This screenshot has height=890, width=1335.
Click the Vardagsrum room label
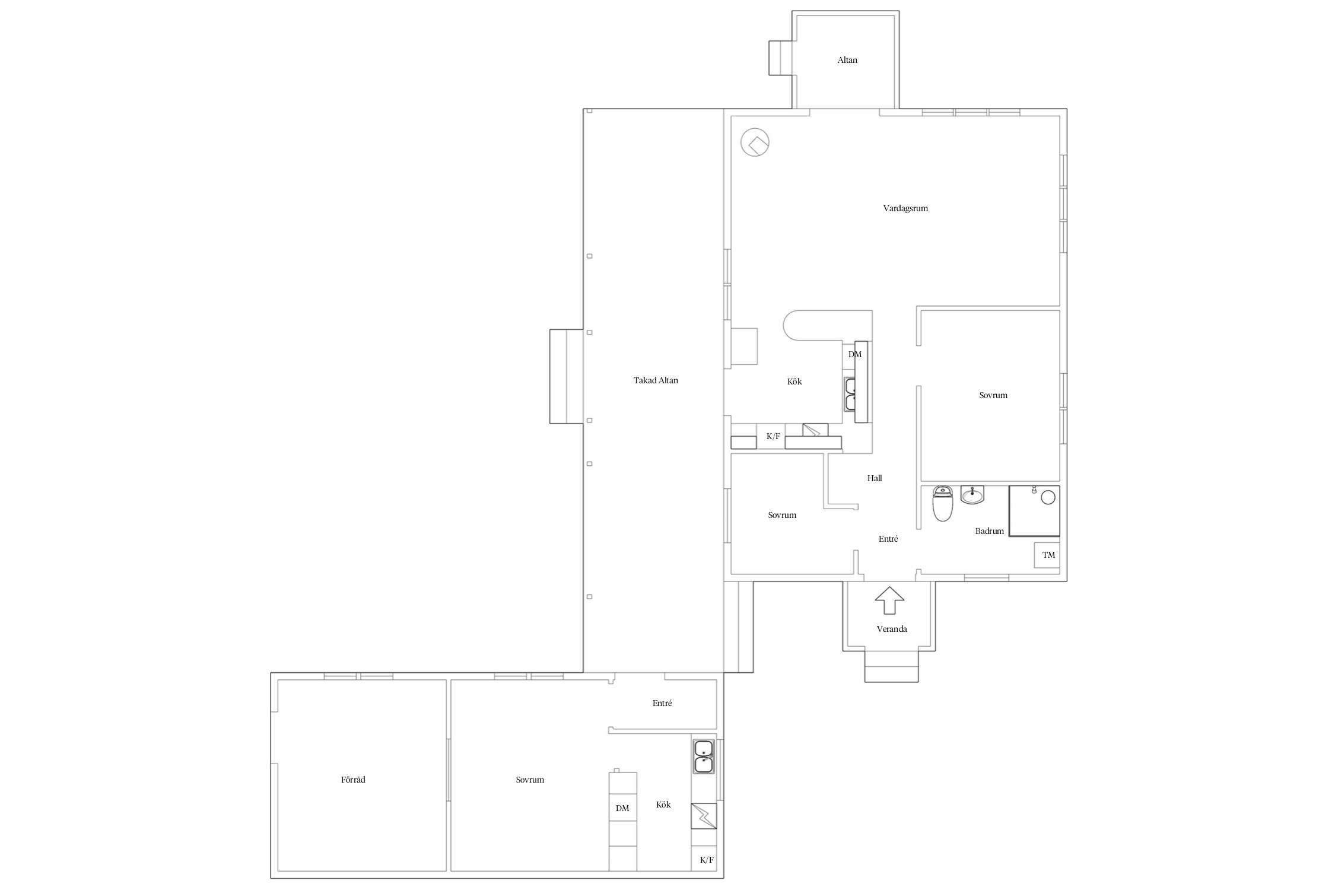905,208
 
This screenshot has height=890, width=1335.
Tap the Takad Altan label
656,380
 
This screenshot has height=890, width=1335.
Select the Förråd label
353,780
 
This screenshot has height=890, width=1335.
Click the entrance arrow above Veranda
889,600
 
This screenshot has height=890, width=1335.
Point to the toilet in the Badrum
943,504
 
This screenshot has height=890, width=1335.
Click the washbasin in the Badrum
972,494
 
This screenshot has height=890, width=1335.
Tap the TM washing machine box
1047,555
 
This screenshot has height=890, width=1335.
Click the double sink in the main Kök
850,394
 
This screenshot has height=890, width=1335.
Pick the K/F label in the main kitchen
773,437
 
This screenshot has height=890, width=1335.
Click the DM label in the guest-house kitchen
622,808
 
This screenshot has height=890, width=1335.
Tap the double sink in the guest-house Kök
704,757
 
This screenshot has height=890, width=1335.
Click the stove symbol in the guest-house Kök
704,816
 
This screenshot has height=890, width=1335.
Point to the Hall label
875,478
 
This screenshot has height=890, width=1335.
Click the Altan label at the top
847,60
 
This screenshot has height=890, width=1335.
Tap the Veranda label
892,629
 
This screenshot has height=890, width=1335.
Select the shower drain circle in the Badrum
1048,497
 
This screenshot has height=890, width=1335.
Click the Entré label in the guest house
662,703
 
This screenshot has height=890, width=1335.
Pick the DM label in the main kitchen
855,354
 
